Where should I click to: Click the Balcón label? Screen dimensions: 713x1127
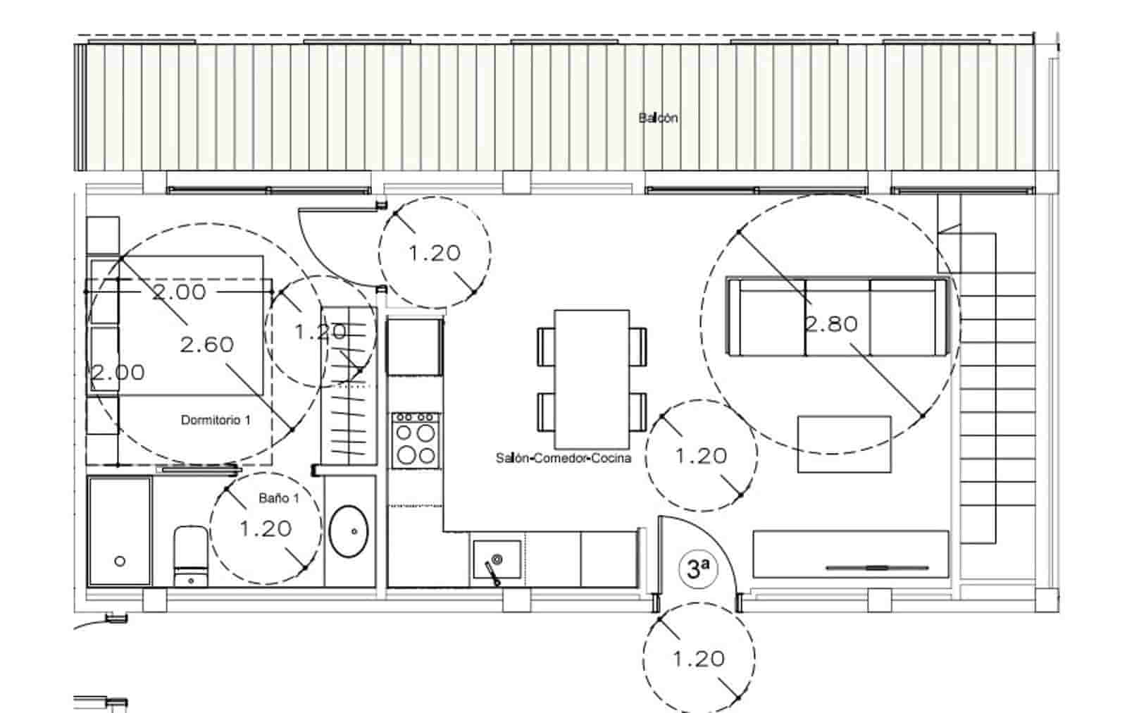coord(658,118)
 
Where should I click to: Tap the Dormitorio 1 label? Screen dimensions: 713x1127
coord(216,420)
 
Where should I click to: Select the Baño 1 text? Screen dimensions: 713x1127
coord(278,498)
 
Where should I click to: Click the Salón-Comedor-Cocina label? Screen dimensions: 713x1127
coord(563,458)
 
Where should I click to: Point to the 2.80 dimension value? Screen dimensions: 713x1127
coord(831,324)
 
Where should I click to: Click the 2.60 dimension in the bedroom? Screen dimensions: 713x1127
coord(206,345)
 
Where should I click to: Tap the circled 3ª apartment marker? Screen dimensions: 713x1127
coord(697,569)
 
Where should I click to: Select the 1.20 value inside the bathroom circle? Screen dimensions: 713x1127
coord(266,528)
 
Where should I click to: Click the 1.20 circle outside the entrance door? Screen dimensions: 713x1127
coord(698,659)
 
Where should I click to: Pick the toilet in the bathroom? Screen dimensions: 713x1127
coord(189,556)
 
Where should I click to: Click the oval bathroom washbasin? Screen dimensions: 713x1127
coord(349,531)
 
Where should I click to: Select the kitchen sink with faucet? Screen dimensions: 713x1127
coord(497,560)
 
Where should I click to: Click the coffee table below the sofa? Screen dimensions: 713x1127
coord(844,444)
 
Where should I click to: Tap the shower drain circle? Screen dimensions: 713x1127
coord(120,562)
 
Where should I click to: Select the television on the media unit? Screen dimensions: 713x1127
coord(876,567)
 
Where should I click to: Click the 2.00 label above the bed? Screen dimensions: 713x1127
coord(180,292)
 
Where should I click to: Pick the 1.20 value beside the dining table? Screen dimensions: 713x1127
coord(701,456)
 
